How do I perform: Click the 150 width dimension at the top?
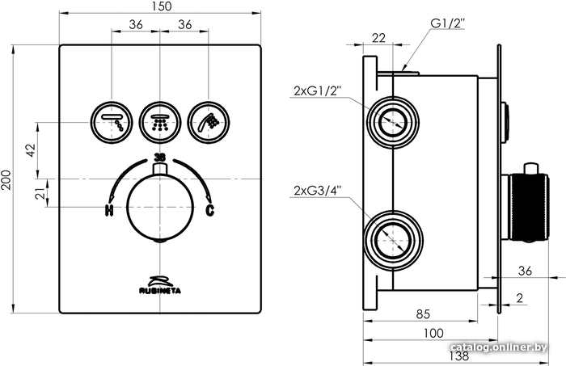click(x=161, y=7)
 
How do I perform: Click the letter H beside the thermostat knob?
click(x=109, y=212)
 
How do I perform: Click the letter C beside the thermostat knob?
click(x=210, y=212)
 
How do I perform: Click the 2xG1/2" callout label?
click(x=318, y=91)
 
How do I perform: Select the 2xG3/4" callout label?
click(x=318, y=191)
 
